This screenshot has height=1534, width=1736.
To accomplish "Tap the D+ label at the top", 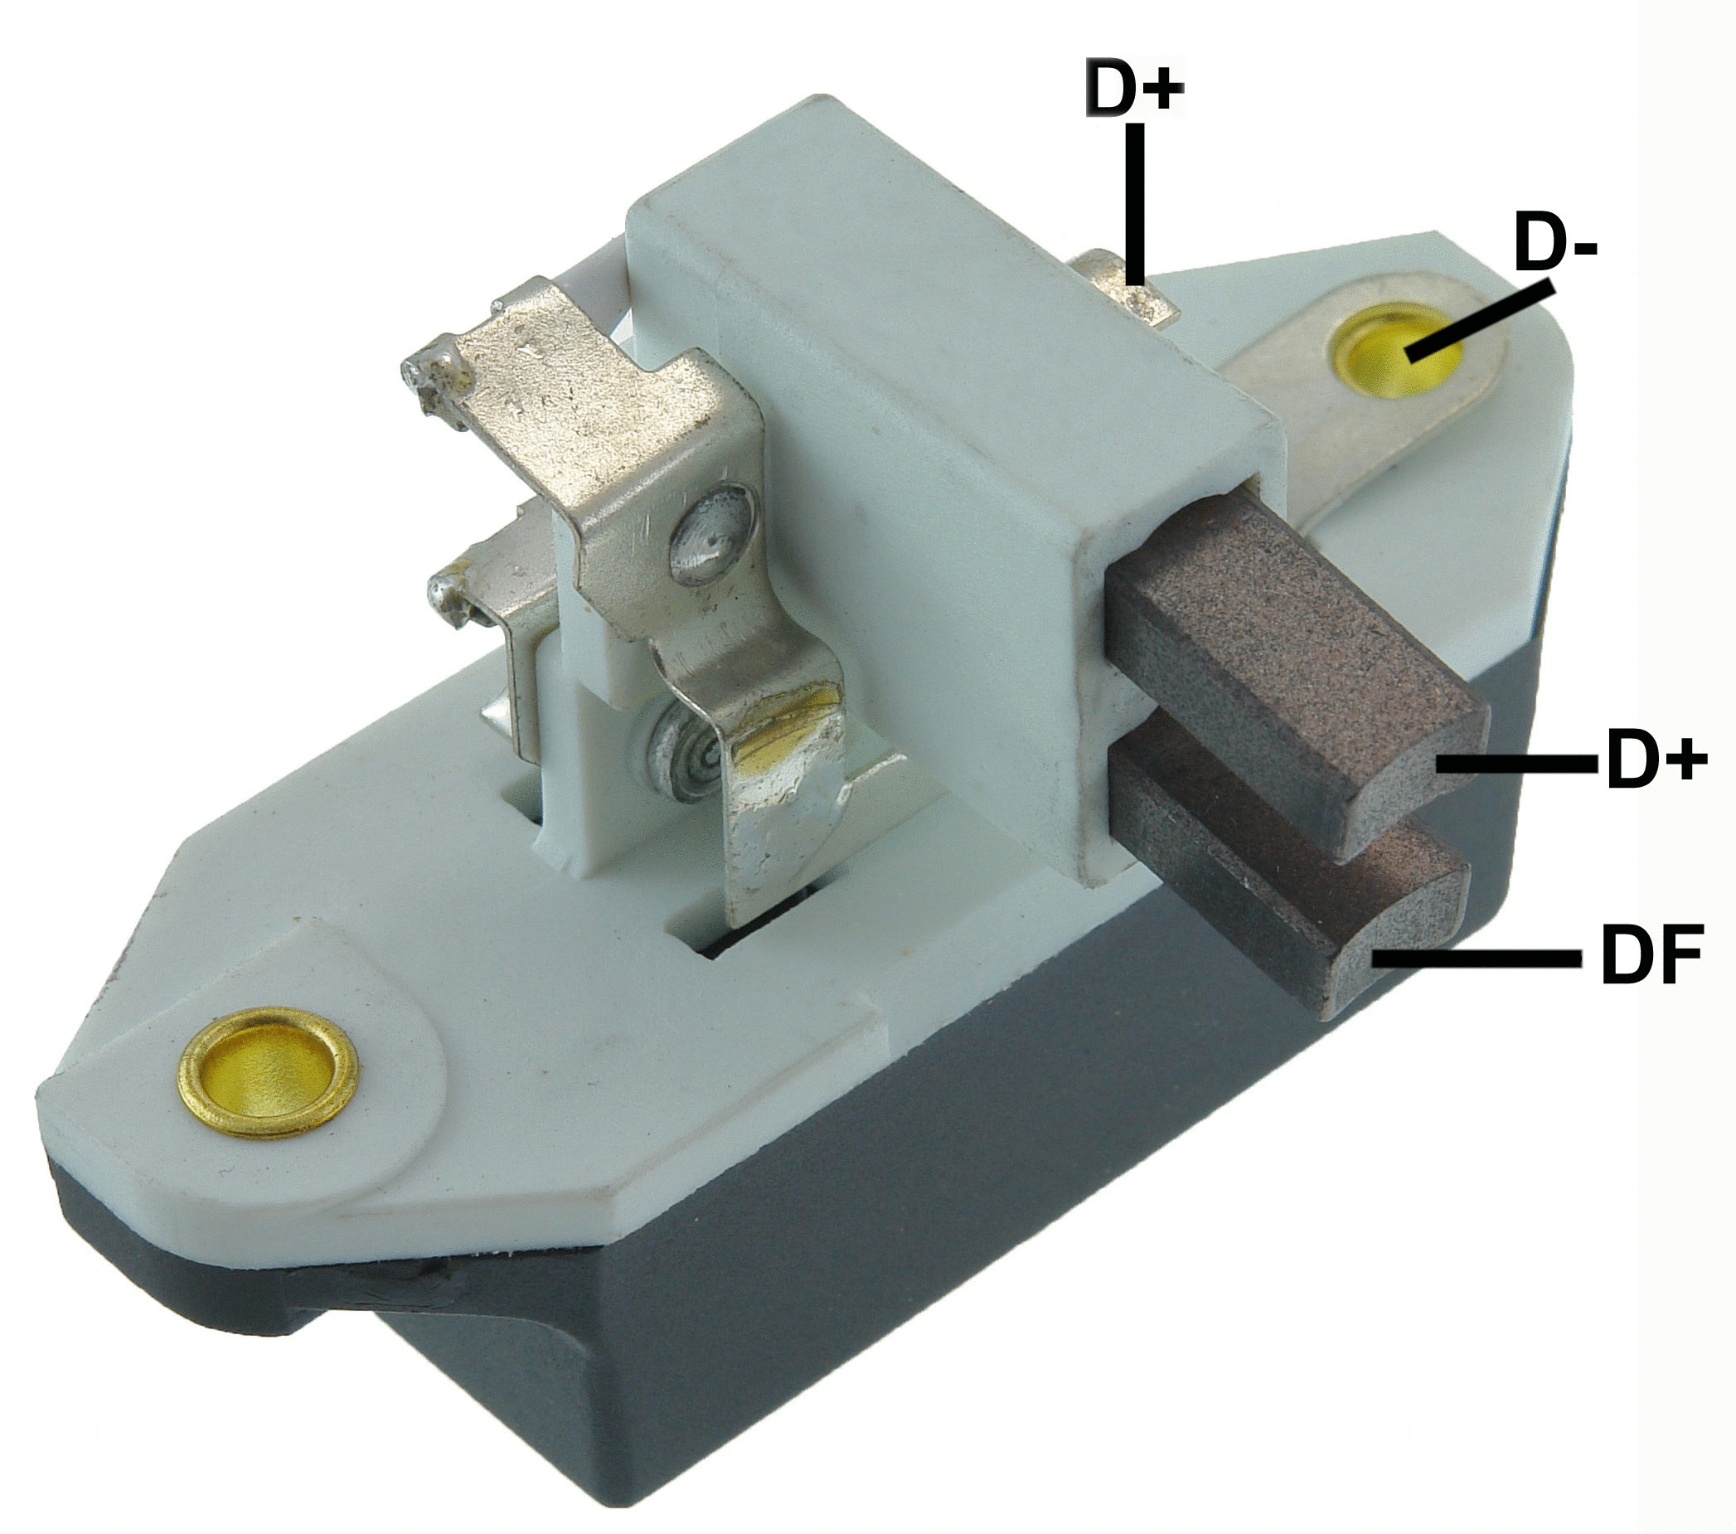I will tap(1134, 88).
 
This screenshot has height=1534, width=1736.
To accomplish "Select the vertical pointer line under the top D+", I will tap(1136, 204).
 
